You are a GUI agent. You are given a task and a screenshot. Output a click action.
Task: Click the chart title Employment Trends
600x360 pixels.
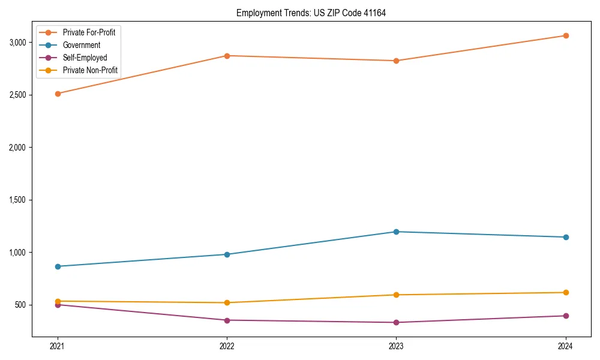pos(311,13)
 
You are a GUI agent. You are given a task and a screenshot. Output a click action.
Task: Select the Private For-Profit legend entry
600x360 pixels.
pos(89,32)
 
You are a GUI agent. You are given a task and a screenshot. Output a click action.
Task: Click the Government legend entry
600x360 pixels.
pos(82,45)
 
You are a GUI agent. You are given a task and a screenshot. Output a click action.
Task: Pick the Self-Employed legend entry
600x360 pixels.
pos(85,58)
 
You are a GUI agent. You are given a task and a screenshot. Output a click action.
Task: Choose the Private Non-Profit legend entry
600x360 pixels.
pos(90,70)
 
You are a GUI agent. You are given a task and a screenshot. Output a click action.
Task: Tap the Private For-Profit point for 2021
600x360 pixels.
pos(58,94)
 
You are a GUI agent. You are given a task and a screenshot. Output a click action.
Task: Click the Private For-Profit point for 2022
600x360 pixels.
pos(227,56)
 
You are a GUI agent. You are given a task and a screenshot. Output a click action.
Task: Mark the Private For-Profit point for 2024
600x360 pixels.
pos(566,35)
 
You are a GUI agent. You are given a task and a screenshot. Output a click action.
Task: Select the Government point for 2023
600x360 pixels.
pos(396,232)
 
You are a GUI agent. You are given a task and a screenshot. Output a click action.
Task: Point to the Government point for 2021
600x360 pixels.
pos(58,266)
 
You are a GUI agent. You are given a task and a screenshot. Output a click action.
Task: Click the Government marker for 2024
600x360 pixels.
pos(566,237)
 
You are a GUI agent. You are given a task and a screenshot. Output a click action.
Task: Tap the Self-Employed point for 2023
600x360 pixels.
pos(396,322)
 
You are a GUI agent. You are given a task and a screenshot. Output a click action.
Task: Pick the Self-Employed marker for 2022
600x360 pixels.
pos(227,320)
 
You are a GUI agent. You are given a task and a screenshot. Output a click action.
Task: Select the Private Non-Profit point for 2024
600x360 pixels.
pos(566,292)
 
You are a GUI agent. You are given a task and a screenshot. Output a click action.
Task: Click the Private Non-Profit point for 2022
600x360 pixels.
pos(227,302)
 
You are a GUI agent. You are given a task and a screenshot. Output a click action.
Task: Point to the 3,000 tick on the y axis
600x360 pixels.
pos(18,43)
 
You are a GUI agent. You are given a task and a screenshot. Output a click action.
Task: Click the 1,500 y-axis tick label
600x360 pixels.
pos(18,200)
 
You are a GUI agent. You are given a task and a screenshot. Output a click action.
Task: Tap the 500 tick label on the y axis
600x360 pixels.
pos(21,305)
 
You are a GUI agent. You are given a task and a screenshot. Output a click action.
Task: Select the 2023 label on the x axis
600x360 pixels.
pos(396,346)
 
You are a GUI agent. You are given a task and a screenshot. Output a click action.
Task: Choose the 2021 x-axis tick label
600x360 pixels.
pos(58,346)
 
